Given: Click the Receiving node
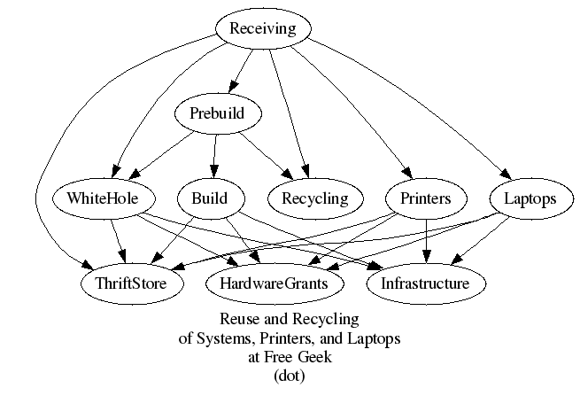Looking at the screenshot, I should tap(263, 29).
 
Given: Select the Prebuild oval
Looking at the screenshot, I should tap(216, 113).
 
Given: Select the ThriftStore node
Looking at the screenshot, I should tap(134, 283).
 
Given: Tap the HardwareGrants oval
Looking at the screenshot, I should tap(274, 283).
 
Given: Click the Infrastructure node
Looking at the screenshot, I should tap(425, 283).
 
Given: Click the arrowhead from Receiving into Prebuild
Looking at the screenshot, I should tap(230, 87).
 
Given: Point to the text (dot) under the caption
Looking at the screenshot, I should tap(290, 375).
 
